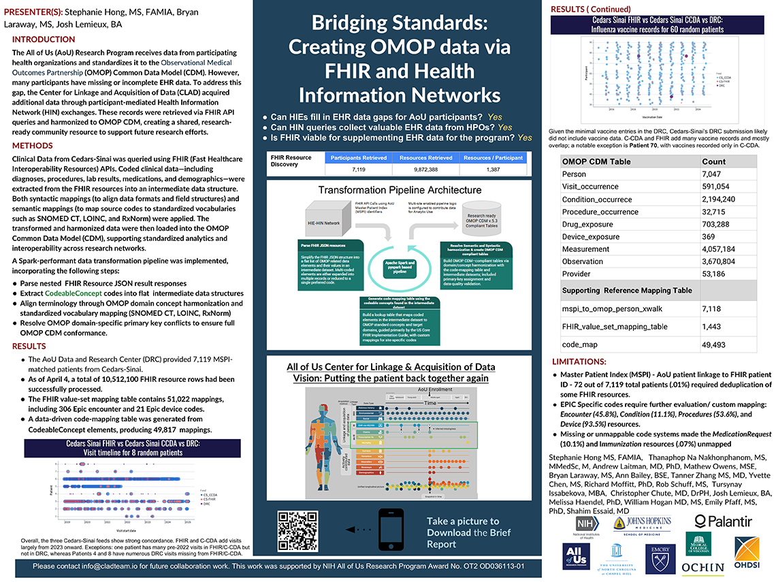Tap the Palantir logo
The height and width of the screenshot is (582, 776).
[723, 521]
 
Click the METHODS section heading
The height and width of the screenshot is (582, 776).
[33, 146]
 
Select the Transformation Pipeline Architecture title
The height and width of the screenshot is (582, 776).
[394, 189]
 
